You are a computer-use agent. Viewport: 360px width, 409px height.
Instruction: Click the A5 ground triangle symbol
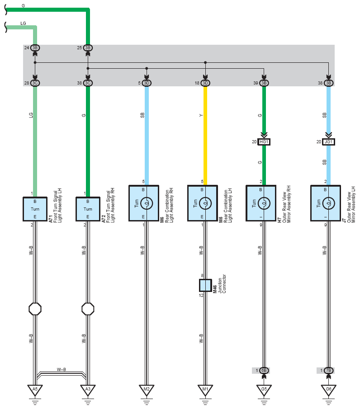click(35, 390)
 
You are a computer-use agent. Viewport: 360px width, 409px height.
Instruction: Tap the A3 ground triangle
click(88, 390)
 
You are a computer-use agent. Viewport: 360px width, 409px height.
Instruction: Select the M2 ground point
click(147, 390)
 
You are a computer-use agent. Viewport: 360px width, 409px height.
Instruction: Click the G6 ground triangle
click(328, 390)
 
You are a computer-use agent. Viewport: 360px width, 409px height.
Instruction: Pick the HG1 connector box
click(264, 141)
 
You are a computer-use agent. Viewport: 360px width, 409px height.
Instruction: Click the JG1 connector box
click(328, 141)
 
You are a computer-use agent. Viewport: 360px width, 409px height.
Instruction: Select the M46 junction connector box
click(205, 285)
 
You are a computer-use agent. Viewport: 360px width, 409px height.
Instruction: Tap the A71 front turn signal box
click(35, 209)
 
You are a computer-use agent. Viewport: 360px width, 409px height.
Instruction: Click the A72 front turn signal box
click(88, 209)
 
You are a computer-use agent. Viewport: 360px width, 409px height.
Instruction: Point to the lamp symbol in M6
click(147, 203)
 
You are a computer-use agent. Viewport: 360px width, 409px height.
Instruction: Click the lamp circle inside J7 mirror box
click(328, 203)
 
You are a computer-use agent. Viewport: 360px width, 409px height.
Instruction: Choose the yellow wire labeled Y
click(205, 136)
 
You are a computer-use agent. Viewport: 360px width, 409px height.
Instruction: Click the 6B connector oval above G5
click(264, 371)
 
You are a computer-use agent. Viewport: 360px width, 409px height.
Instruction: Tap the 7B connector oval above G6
click(328, 371)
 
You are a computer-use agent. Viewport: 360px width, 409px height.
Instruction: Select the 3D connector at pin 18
click(205, 83)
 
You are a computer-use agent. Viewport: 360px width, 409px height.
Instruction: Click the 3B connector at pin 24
click(35, 48)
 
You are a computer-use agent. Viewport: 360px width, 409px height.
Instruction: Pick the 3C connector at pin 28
click(35, 83)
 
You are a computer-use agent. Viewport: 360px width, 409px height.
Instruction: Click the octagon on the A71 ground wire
click(35, 309)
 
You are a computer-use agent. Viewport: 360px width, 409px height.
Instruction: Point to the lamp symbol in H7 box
click(264, 203)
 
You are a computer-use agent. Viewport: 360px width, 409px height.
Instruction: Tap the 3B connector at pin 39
click(264, 83)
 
